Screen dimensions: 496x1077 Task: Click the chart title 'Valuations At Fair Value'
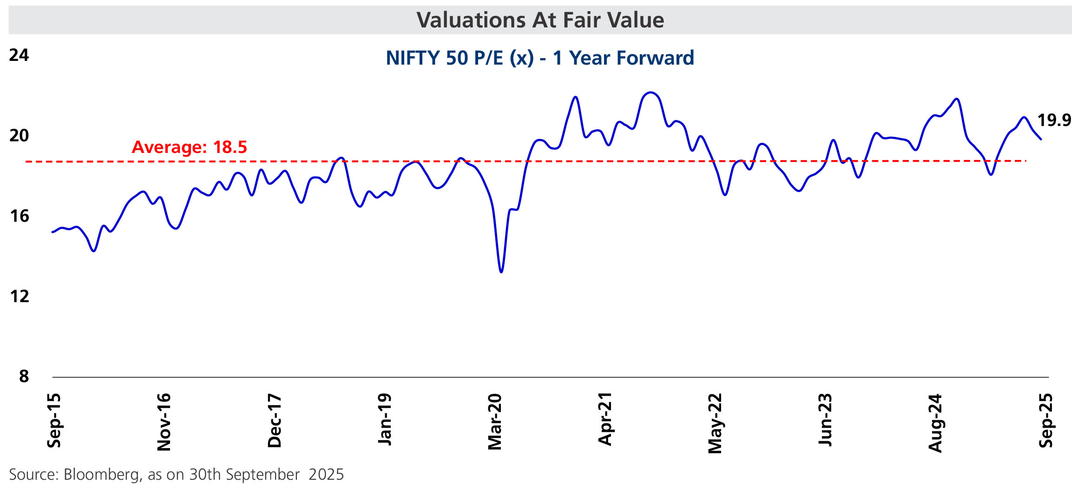[540, 20]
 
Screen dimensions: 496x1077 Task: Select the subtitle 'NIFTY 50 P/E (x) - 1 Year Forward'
[540, 58]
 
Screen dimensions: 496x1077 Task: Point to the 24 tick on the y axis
[19, 55]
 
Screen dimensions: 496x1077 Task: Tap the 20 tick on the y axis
[19, 136]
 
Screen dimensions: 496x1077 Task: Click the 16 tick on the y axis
[19, 216]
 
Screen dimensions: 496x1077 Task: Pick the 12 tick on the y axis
[19, 297]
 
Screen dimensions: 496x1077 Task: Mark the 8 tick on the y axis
[24, 377]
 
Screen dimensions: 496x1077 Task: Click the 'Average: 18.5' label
[189, 147]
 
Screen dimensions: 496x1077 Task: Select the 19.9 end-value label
[1054, 120]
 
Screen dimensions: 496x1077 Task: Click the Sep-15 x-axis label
[54, 421]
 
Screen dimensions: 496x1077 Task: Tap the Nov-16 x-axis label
[164, 422]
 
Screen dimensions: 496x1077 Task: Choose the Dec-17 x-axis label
[275, 421]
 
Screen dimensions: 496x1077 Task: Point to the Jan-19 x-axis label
[385, 419]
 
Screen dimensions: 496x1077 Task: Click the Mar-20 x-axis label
[495, 422]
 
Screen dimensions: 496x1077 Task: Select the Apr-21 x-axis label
[605, 419]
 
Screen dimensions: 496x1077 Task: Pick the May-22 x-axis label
[715, 423]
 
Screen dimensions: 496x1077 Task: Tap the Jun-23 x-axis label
[825, 420]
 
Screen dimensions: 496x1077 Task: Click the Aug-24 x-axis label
[935, 423]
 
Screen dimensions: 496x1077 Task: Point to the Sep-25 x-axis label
[1045, 421]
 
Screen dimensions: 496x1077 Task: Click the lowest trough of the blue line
[501, 272]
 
